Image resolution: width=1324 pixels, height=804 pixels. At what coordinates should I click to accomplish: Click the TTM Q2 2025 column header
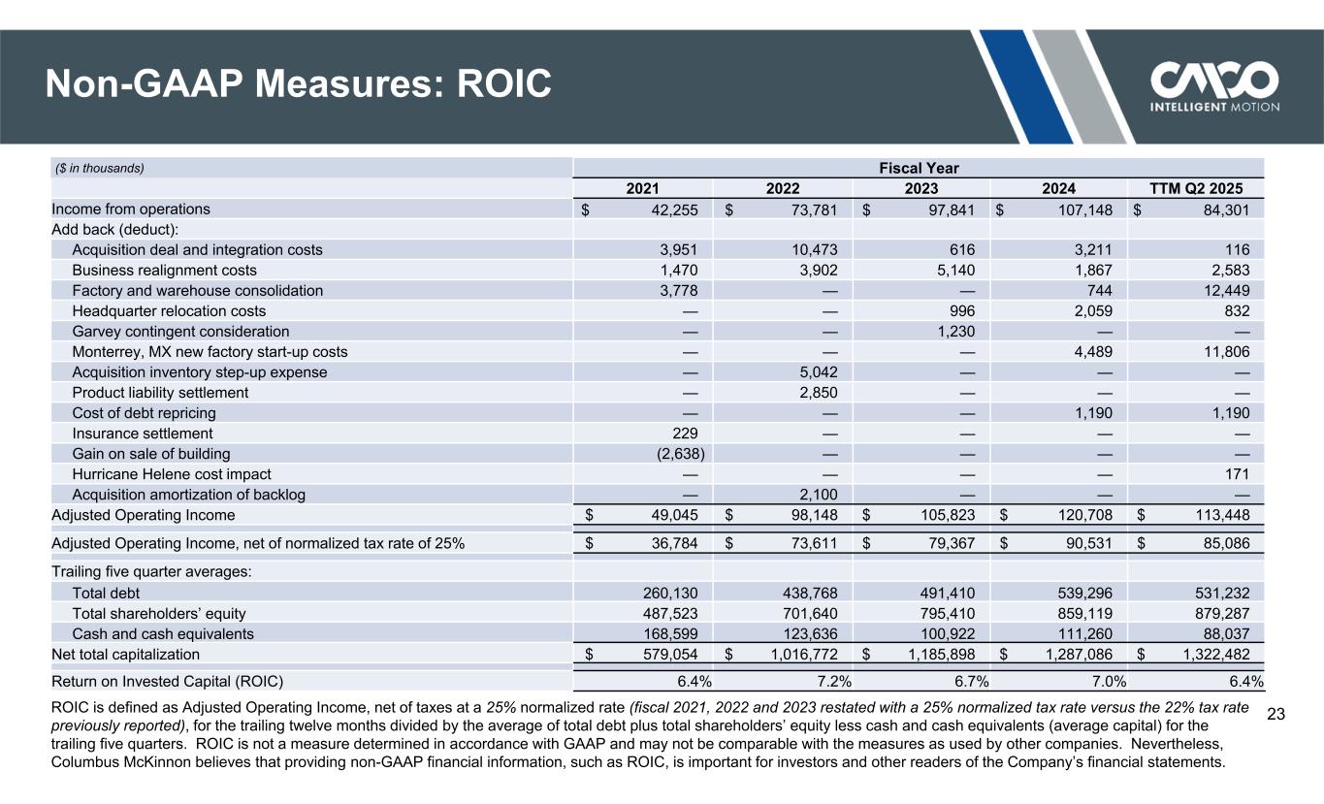[1195, 188]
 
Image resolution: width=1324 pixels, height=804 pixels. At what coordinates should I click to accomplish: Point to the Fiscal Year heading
[919, 168]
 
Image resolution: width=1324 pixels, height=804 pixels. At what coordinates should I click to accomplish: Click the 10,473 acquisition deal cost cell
[816, 249]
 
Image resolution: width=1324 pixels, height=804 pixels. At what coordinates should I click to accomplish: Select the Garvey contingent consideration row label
[180, 332]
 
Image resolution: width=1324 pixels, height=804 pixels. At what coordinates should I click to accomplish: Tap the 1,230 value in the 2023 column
[952, 332]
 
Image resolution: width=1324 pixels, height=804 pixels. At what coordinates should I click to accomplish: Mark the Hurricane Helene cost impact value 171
[1237, 474]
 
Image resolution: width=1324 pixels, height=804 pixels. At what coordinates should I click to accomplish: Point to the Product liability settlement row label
[160, 393]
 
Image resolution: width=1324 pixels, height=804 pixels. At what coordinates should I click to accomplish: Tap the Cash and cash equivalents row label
[163, 633]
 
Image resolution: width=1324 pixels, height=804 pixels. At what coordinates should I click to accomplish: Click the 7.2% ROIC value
[820, 681]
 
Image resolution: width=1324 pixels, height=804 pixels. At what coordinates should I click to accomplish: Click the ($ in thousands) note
[98, 168]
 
